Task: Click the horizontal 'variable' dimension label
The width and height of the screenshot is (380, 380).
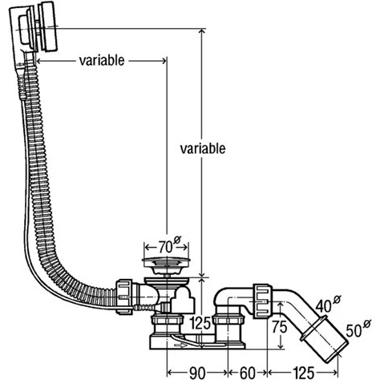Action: [102, 61]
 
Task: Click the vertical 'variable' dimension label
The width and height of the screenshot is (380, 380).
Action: [203, 148]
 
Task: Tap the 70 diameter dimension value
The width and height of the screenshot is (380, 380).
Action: [166, 247]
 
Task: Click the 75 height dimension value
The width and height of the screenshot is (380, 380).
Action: [280, 326]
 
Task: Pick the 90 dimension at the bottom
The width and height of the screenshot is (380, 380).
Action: [197, 373]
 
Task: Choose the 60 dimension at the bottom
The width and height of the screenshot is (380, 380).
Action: [248, 373]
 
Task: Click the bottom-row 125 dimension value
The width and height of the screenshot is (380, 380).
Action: [304, 373]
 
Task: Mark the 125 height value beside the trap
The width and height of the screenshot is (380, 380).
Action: [201, 324]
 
